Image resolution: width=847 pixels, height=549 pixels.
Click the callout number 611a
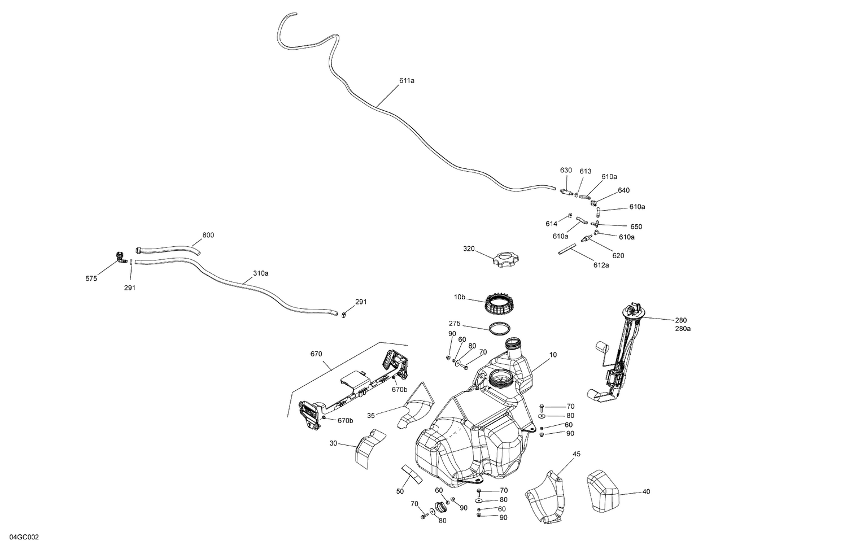pyautogui.click(x=407, y=81)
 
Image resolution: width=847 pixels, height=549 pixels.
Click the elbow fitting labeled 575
pyautogui.click(x=120, y=256)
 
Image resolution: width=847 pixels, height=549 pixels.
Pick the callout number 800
pyautogui.click(x=208, y=235)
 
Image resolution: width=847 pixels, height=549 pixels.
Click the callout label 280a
pyautogui.click(x=682, y=329)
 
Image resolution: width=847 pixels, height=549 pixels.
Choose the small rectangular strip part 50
pyautogui.click(x=412, y=474)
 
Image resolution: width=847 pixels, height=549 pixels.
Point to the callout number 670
pyautogui.click(x=316, y=354)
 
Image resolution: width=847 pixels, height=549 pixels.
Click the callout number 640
pyautogui.click(x=623, y=190)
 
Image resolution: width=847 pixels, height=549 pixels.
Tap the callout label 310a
pyautogui.click(x=260, y=273)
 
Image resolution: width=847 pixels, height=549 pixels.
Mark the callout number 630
pyautogui.click(x=566, y=170)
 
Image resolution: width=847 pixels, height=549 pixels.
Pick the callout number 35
pyautogui.click(x=371, y=416)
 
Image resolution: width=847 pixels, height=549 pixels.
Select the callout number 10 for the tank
pyautogui.click(x=553, y=355)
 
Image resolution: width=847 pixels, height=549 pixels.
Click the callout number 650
pyautogui.click(x=636, y=226)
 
